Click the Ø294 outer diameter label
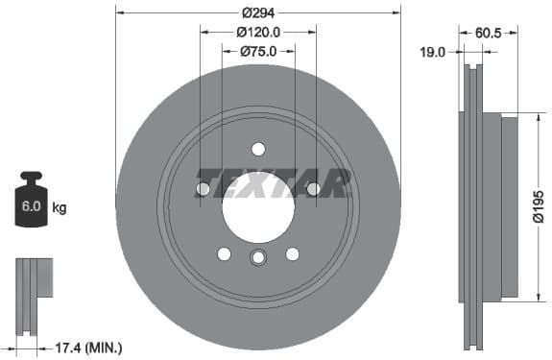tap(256, 12)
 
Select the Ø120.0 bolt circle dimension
tap(257, 32)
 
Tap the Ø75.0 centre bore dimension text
tap(257, 50)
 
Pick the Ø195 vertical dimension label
tap(539, 205)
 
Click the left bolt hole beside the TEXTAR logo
tap(203, 189)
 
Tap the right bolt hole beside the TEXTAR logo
tap(313, 189)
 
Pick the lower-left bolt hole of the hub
tap(224, 253)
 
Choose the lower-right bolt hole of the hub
tap(291, 253)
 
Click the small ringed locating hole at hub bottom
tap(257, 258)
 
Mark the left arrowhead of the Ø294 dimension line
tap(119, 12)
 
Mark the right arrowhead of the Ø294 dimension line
tap(396, 12)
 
